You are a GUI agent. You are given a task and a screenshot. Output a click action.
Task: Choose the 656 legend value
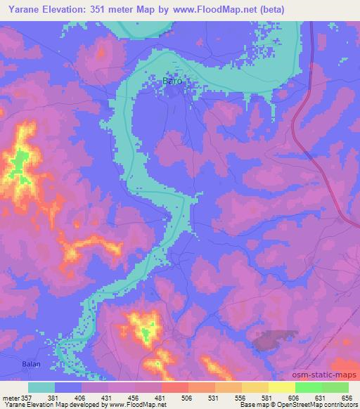pyautogui.click(x=347, y=397)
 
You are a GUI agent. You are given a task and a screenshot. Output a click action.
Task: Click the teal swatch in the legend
pyautogui.click(x=42, y=387)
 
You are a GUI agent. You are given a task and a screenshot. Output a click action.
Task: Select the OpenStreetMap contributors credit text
pyautogui.click(x=314, y=405)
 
